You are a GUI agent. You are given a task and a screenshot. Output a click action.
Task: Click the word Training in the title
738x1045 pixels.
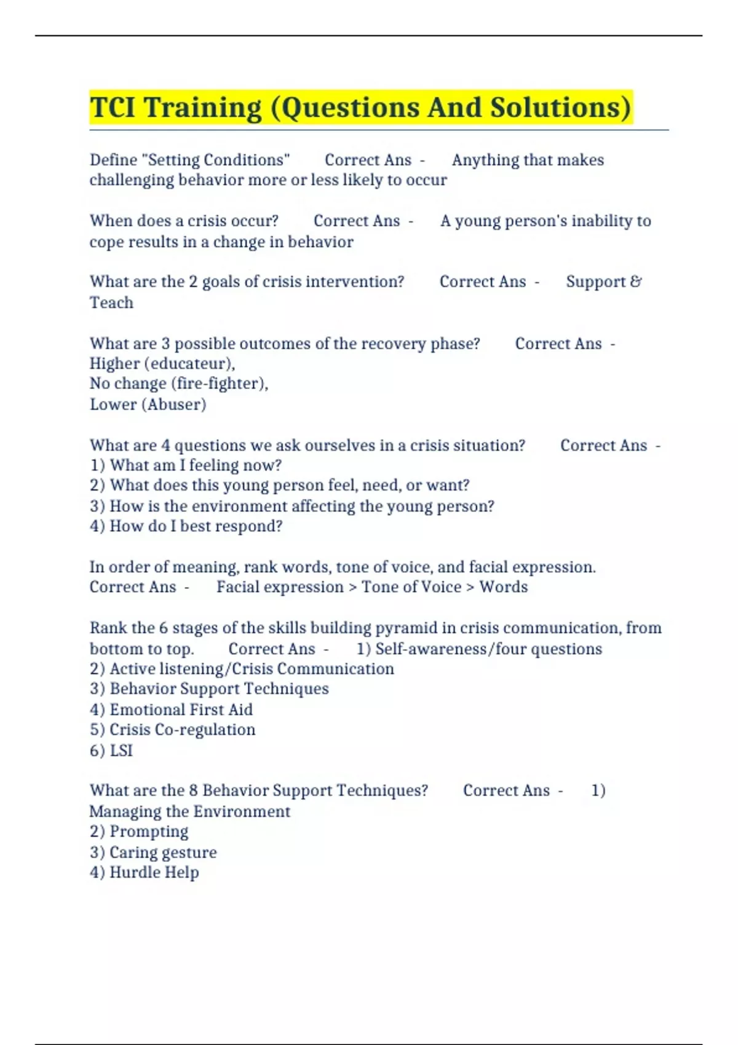(x=202, y=108)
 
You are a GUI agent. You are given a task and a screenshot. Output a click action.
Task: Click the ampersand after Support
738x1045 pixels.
(x=636, y=282)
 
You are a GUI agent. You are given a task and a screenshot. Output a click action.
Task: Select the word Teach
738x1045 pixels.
(x=111, y=302)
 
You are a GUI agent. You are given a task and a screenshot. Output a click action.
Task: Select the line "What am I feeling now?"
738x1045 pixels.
(x=195, y=465)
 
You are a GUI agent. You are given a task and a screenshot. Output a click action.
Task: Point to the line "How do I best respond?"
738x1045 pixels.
(x=196, y=526)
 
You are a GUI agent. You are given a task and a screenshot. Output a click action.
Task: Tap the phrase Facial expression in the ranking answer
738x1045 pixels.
(x=280, y=587)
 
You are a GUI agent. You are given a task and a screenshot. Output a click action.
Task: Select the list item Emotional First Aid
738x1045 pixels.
(x=181, y=709)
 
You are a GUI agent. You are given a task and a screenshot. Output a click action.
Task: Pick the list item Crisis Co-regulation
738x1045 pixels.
(x=182, y=730)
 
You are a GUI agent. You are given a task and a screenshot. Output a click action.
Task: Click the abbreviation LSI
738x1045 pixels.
(x=121, y=751)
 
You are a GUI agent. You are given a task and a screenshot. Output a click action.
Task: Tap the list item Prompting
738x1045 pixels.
(x=149, y=832)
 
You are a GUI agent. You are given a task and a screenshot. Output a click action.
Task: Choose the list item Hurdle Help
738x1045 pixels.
(x=154, y=872)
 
